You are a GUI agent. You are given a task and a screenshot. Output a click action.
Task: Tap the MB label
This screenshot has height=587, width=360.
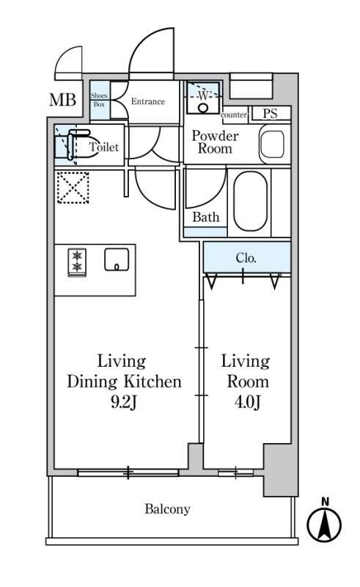pos(63,100)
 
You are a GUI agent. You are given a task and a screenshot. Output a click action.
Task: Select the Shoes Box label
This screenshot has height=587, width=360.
pos(99,101)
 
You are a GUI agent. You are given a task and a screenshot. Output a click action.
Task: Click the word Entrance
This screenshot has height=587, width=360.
pos(148,101)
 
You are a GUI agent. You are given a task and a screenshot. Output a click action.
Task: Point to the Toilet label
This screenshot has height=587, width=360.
pos(104,147)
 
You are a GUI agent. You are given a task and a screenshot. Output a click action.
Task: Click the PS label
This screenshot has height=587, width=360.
pos(270,114)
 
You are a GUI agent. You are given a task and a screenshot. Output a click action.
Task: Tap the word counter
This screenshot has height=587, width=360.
pos(234,115)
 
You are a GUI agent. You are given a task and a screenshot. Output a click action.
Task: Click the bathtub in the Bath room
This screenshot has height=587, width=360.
pos(251,201)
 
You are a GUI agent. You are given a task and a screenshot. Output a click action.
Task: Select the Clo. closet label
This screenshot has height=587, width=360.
pos(246,258)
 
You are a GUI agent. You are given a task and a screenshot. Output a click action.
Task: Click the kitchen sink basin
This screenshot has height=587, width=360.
pos(117,260)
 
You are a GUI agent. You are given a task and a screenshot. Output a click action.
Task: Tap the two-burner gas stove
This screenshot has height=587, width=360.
pos(77,262)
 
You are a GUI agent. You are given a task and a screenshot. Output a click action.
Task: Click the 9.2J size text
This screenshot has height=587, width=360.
pos(123,402)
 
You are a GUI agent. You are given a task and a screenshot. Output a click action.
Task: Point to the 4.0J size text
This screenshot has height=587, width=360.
pos(247,402)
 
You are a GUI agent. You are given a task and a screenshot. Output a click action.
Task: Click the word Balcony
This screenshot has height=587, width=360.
pos(167,509)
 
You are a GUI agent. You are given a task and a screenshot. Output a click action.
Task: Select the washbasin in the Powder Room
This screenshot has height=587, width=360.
pos(273,144)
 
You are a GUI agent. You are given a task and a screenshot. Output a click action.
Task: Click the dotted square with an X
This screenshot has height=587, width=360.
pos(73,188)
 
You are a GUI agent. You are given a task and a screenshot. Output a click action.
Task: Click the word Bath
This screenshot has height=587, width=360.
pos(206,217)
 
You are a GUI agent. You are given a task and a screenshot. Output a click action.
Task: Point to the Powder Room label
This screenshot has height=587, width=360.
pos(214,142)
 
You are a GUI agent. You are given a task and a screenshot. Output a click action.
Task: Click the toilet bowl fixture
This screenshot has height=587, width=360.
pos(73,145)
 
